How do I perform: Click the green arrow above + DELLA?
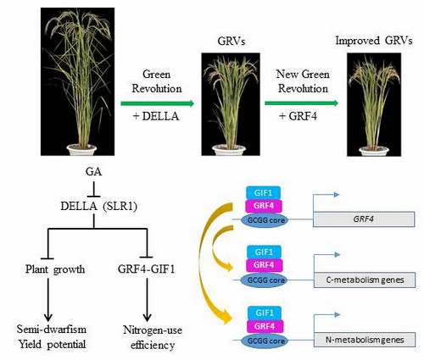click(x=158, y=103)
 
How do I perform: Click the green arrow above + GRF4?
click(x=301, y=103)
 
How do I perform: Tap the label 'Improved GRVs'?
click(x=374, y=41)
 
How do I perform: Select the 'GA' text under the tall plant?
click(x=93, y=171)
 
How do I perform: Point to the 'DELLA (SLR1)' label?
click(x=99, y=207)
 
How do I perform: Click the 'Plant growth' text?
click(x=55, y=269)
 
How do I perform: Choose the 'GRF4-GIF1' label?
click(x=147, y=269)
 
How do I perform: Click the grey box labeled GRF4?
click(x=364, y=219)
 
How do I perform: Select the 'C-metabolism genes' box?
click(x=365, y=280)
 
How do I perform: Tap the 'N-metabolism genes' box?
click(x=365, y=340)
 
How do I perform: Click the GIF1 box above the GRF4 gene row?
click(x=264, y=193)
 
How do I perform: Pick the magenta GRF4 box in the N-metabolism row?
click(x=265, y=326)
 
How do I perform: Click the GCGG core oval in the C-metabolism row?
click(x=265, y=280)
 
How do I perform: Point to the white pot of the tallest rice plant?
click(x=81, y=149)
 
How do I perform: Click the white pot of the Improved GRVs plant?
click(x=374, y=151)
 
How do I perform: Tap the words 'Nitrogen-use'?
click(x=153, y=330)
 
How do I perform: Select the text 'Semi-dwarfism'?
click(x=52, y=330)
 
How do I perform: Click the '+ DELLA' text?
click(x=156, y=116)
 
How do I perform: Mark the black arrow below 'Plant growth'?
click(x=48, y=300)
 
